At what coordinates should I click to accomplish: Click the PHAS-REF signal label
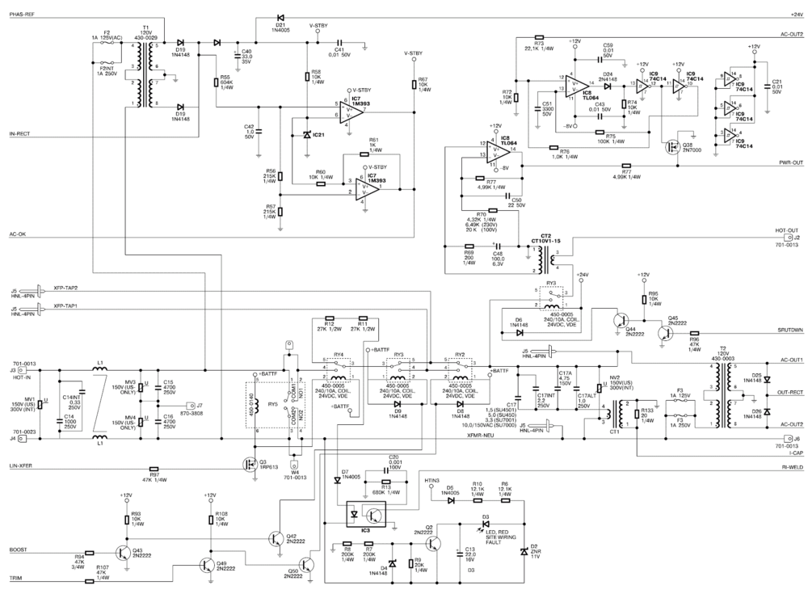(21, 15)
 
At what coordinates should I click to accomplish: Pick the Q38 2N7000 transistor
(669, 147)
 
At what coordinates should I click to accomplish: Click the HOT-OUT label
(787, 230)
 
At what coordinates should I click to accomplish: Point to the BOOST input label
(19, 550)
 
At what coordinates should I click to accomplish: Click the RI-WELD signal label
(789, 468)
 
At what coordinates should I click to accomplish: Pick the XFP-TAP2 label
(65, 288)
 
